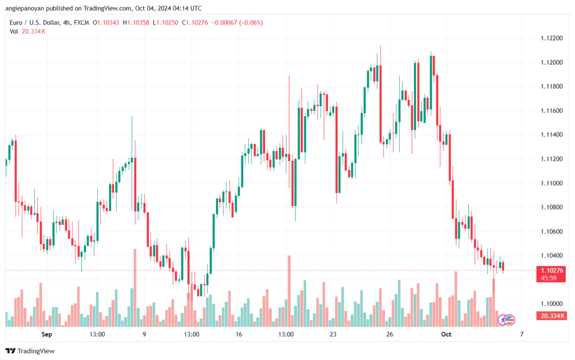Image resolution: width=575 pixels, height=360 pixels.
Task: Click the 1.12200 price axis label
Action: click(x=551, y=38)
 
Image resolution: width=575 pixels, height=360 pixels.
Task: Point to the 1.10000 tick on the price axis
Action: click(x=551, y=303)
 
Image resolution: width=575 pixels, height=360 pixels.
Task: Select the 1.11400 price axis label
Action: click(x=551, y=135)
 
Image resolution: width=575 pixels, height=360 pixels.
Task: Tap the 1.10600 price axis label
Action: click(x=551, y=231)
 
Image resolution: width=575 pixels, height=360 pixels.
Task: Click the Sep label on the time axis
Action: click(x=47, y=334)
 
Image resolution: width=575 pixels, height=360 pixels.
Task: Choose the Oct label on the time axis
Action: click(x=446, y=334)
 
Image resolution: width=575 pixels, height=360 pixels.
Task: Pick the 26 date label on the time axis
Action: click(x=390, y=334)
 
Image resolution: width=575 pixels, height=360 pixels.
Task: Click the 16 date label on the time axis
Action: click(x=239, y=334)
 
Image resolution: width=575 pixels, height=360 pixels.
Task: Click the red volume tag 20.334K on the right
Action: click(x=551, y=316)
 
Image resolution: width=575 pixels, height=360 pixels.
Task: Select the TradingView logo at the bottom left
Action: click(x=30, y=351)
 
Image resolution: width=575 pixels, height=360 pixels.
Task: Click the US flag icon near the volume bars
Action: click(x=509, y=320)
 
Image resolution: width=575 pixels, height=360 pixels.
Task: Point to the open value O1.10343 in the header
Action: click(x=106, y=22)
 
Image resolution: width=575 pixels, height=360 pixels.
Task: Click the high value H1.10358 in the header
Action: click(x=136, y=22)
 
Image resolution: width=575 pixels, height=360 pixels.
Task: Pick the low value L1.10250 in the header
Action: click(x=166, y=22)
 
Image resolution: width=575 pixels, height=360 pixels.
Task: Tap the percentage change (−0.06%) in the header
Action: click(x=251, y=22)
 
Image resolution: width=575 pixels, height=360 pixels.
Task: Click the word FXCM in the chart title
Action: click(x=81, y=22)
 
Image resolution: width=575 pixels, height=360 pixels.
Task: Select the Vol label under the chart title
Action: click(x=13, y=31)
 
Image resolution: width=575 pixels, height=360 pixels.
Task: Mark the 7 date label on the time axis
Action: click(x=522, y=334)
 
